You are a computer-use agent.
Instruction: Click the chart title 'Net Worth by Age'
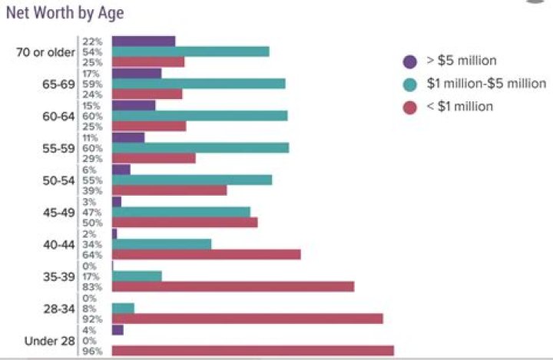tap(65, 13)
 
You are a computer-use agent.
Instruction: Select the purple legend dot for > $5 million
tap(410, 61)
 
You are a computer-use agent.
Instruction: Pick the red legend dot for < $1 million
tap(410, 107)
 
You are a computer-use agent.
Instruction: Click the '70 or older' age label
tap(45, 52)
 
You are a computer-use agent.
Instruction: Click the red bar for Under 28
tap(253, 351)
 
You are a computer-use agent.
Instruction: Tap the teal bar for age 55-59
tap(200, 147)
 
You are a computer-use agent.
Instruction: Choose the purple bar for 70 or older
tap(144, 41)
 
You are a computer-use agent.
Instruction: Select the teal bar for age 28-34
tap(123, 309)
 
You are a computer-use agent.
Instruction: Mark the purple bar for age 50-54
tap(121, 169)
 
